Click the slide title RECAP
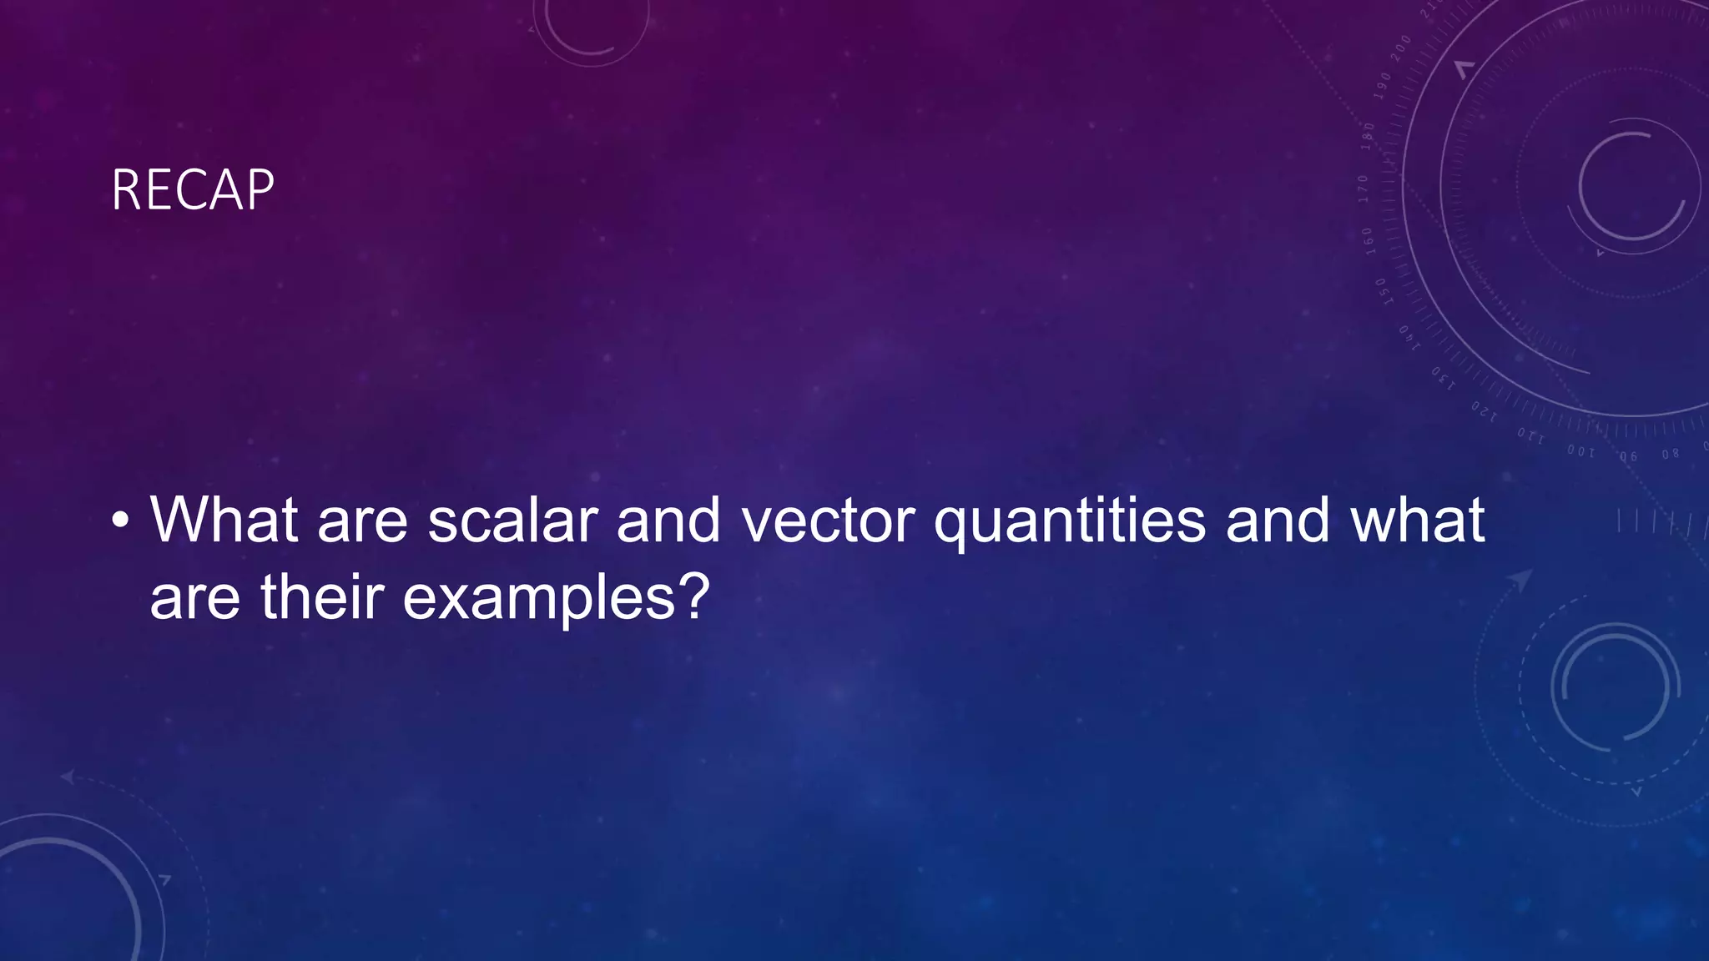193,190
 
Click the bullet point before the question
120,521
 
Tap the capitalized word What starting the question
224,521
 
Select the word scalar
512,521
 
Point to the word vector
828,521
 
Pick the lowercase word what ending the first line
1417,521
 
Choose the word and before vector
668,521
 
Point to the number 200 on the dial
1401,48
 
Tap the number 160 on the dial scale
1368,239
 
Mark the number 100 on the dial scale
1580,451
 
